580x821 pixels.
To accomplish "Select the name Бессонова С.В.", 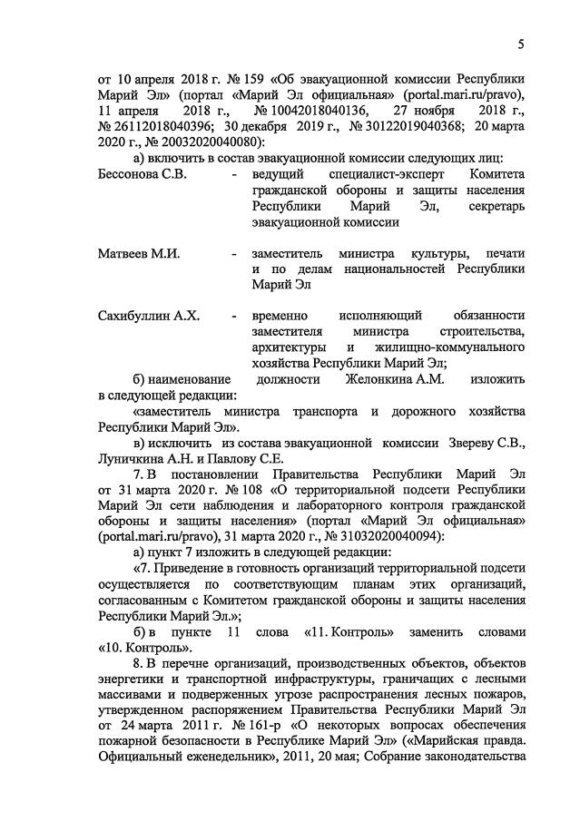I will tap(142, 173).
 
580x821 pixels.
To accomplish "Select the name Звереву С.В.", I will tap(487, 443).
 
